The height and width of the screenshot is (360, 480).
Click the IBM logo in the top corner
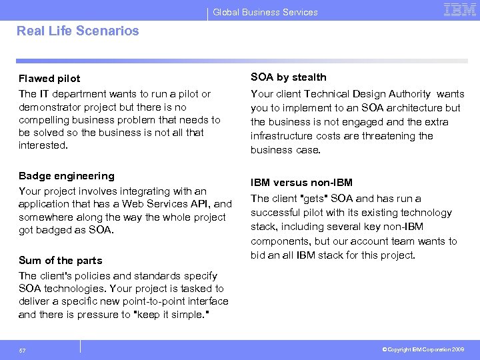[459, 10]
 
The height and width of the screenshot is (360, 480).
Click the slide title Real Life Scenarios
[78, 31]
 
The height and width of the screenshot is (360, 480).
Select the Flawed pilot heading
[49, 79]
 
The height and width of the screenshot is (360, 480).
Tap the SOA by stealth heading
[289, 77]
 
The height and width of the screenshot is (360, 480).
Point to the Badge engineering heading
[67, 176]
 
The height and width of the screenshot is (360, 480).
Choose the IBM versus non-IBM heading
[301, 183]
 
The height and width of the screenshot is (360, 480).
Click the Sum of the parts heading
[60, 261]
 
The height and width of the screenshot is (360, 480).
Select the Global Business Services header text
[265, 12]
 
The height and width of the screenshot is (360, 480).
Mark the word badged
[56, 230]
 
